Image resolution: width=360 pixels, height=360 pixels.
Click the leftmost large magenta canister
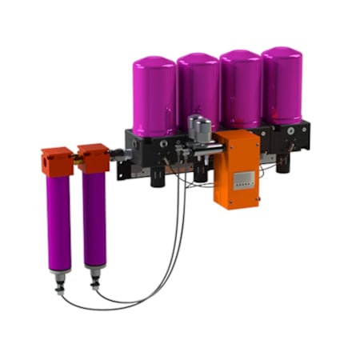154,96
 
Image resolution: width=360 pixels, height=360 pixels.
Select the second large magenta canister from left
198,92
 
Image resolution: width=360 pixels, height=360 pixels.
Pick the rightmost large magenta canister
282,85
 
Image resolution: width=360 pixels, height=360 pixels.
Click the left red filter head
57,160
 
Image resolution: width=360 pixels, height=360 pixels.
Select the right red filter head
93,158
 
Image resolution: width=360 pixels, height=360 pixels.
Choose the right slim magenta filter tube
94,219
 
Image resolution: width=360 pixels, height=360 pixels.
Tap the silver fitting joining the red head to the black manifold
118,154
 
